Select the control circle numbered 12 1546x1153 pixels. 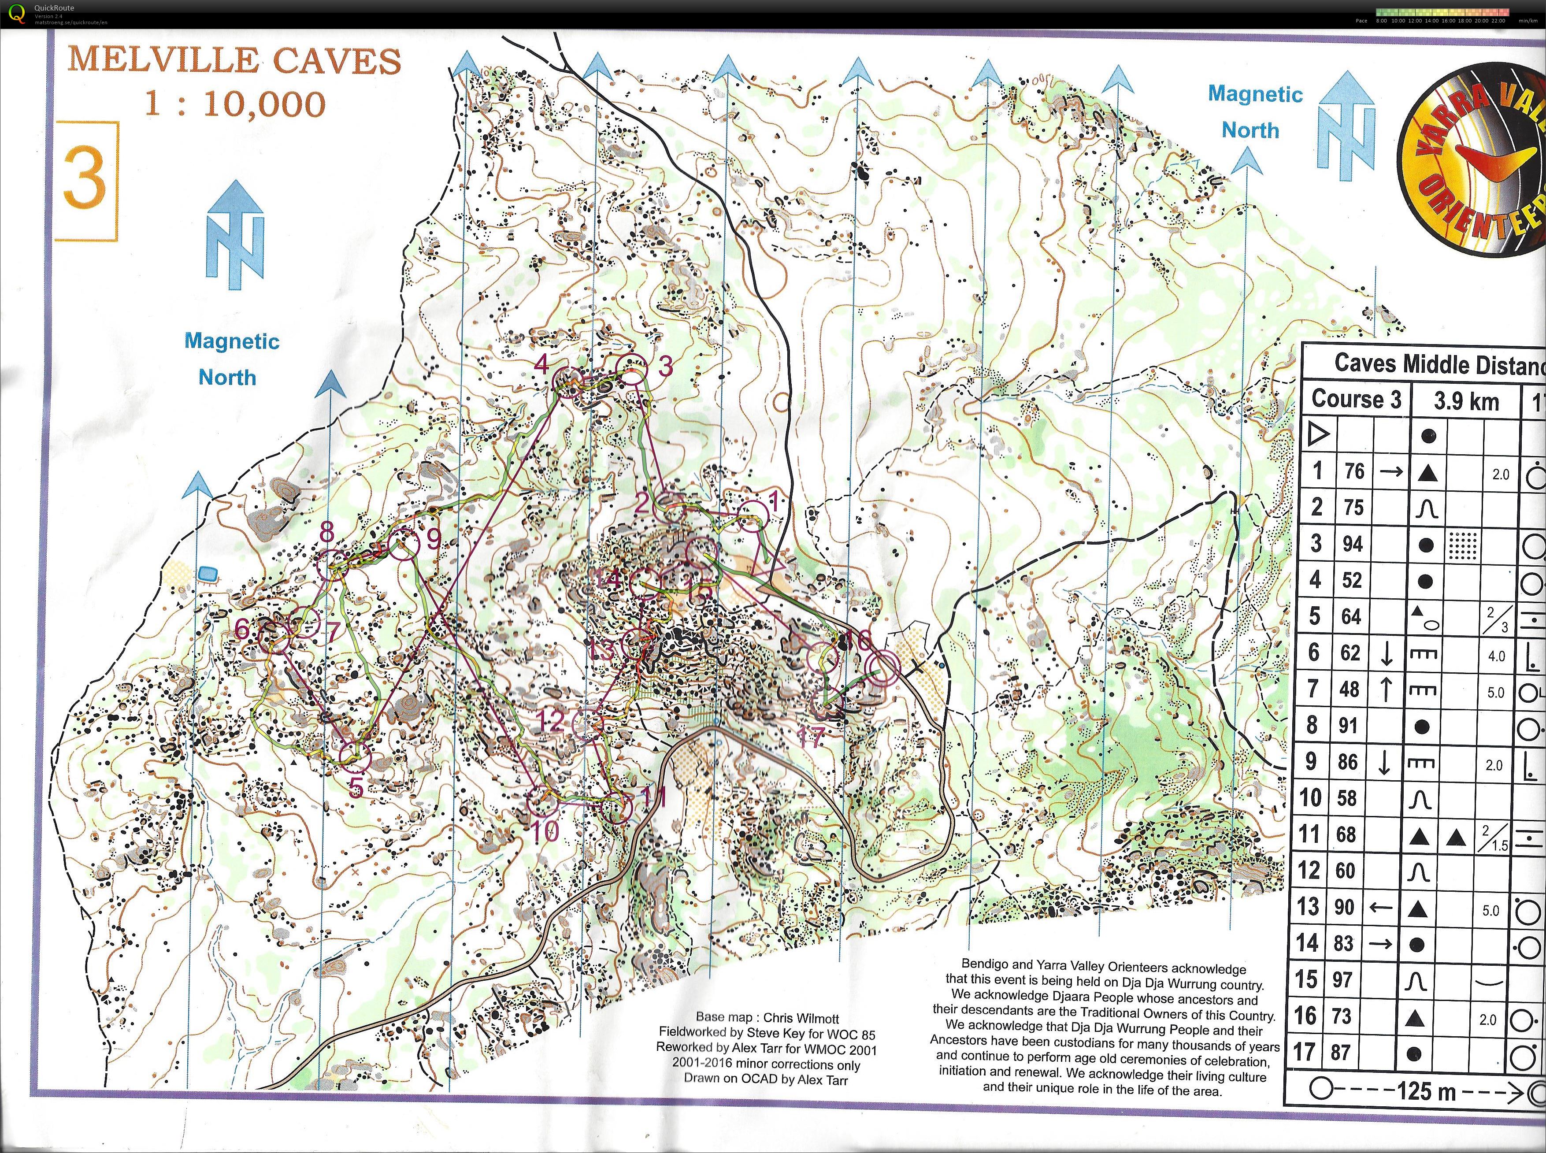587,724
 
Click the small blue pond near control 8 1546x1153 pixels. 208,574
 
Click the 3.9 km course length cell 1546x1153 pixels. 1466,401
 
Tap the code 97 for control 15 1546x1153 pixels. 1342,979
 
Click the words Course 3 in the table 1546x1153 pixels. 1356,399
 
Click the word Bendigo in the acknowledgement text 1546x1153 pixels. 983,964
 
